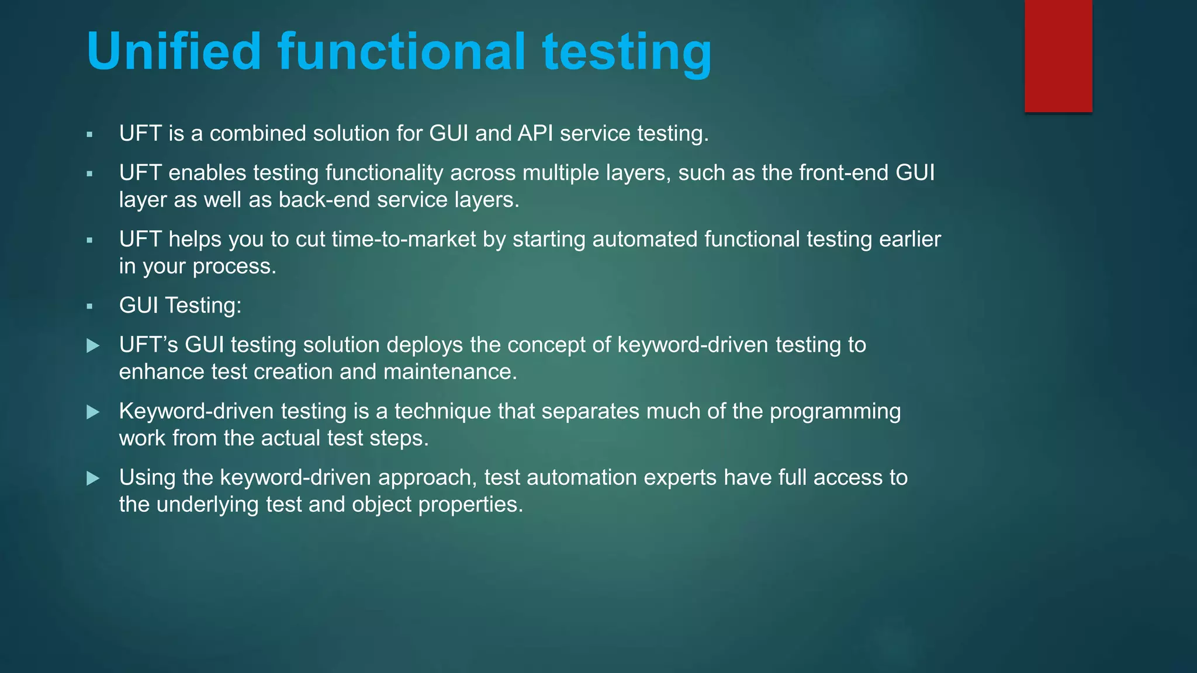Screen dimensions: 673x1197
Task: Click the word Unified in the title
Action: (174, 51)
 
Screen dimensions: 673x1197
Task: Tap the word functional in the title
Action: (402, 51)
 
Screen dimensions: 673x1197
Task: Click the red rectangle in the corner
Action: (1058, 55)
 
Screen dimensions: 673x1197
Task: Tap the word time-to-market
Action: (404, 240)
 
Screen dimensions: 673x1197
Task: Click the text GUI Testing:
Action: (180, 306)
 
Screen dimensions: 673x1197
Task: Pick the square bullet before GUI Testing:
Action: (89, 306)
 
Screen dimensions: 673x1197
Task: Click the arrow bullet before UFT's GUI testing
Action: (93, 346)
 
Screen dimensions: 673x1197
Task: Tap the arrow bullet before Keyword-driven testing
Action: (93, 412)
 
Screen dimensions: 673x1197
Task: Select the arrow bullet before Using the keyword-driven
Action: (93, 479)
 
